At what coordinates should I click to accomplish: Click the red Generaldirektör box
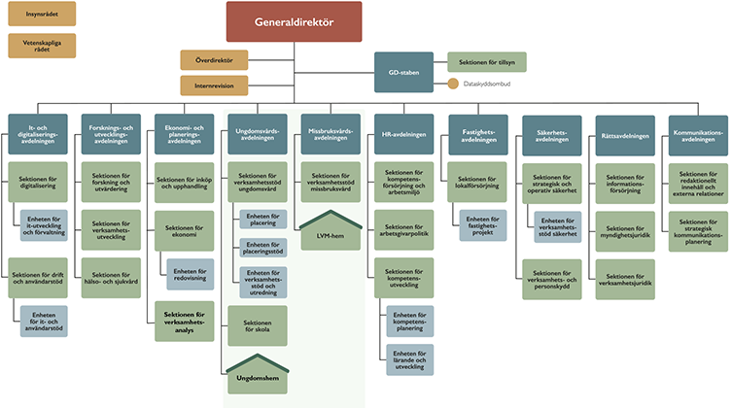[294, 21]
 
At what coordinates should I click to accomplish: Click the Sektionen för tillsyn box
[486, 62]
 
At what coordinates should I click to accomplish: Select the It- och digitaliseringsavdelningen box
[38, 136]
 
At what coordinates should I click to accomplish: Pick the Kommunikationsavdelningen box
[696, 136]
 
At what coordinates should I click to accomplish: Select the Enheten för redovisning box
[195, 274]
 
